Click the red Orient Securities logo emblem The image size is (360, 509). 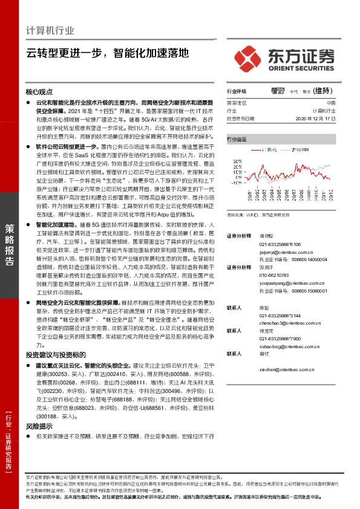[x=247, y=58]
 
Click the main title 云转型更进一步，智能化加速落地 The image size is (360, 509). [x=108, y=53]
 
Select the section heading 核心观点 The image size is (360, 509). [x=39, y=92]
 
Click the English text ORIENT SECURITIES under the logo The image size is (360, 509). [x=299, y=70]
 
